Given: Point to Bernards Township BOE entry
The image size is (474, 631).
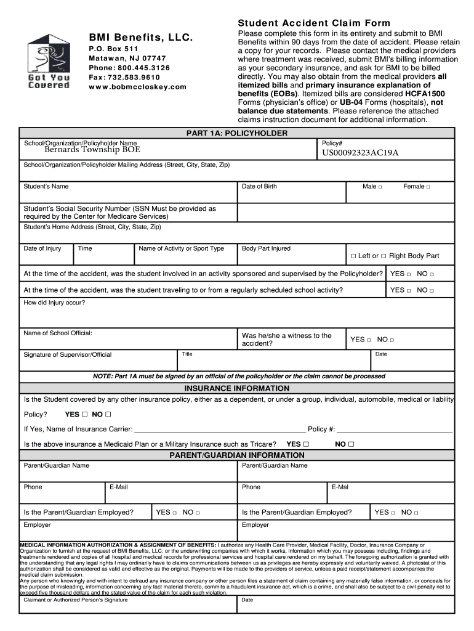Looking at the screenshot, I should point(92,149).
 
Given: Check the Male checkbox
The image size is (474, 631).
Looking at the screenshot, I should point(380,187).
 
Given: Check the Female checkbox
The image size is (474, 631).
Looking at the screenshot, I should point(428,187).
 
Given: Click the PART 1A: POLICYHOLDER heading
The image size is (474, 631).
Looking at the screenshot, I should point(237,133).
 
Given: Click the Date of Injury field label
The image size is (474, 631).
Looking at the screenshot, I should point(42,248).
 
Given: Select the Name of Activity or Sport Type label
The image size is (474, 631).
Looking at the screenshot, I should point(181,248).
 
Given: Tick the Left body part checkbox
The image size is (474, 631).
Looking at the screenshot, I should point(353,256).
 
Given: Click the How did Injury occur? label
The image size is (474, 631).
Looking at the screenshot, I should point(54,303).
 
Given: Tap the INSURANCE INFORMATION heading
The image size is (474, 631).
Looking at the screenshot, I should point(237,388).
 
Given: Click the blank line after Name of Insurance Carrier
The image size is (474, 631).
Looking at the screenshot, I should point(219,429).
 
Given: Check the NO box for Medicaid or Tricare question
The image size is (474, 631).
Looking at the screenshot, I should point(351,444).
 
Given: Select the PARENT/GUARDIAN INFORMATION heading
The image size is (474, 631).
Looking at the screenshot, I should point(237,455).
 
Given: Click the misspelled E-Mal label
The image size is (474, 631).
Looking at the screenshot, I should point(340,487).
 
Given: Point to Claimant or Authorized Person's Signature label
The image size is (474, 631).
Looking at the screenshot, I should point(76,599).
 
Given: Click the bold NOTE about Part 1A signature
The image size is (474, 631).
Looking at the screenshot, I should point(239,376).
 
